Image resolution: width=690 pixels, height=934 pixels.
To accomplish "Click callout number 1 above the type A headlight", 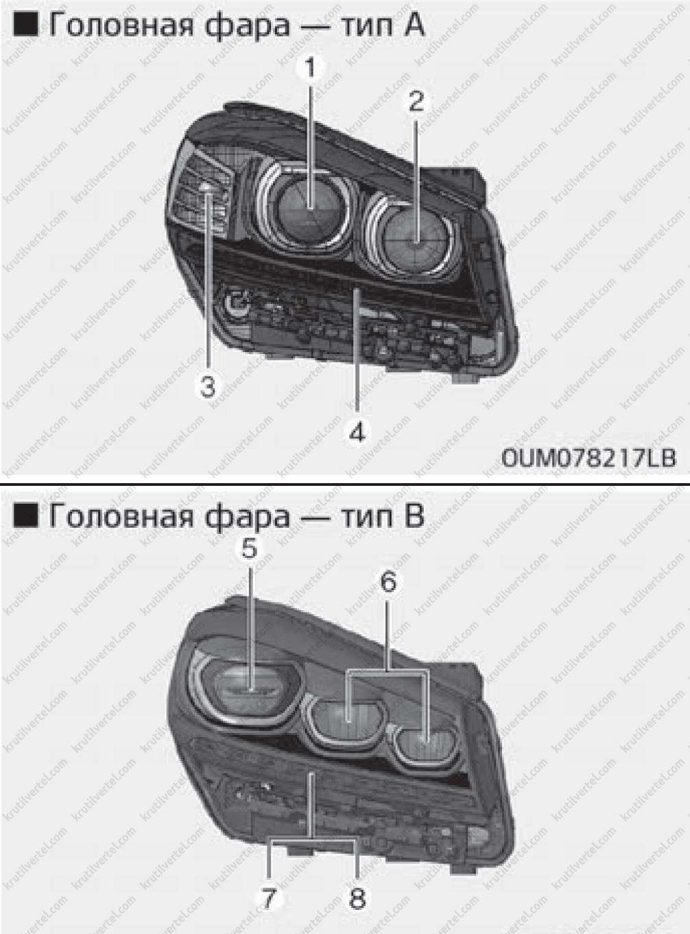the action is point(311,68).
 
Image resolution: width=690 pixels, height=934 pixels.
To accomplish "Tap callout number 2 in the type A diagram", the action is point(416,101).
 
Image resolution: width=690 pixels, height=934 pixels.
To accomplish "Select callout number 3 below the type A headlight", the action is point(208,386).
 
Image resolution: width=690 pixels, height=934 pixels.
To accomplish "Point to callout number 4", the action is point(357,432).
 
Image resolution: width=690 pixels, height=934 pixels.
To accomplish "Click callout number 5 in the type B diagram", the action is point(249,549).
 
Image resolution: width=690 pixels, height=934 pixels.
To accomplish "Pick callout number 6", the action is point(389,582).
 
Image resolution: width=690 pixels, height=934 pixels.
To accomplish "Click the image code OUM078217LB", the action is point(588,458).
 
